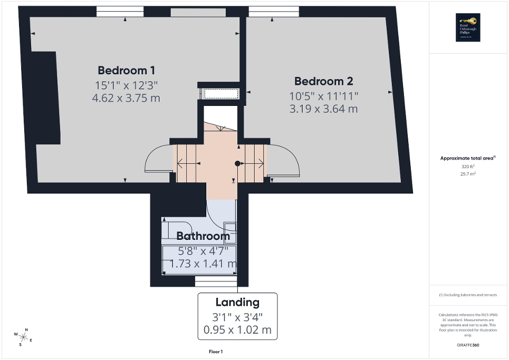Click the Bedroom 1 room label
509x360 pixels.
tap(127, 70)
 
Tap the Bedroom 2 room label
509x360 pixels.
tap(323, 81)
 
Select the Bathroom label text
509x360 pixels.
tap(203, 236)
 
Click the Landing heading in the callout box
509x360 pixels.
tap(237, 303)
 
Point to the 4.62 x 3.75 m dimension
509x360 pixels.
tap(127, 98)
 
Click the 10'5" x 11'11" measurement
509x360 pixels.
tap(323, 96)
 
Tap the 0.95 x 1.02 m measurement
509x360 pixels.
tap(237, 330)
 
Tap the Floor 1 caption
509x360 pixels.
tap(216, 352)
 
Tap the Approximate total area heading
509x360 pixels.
tap(468, 158)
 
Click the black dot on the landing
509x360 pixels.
tap(237, 163)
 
